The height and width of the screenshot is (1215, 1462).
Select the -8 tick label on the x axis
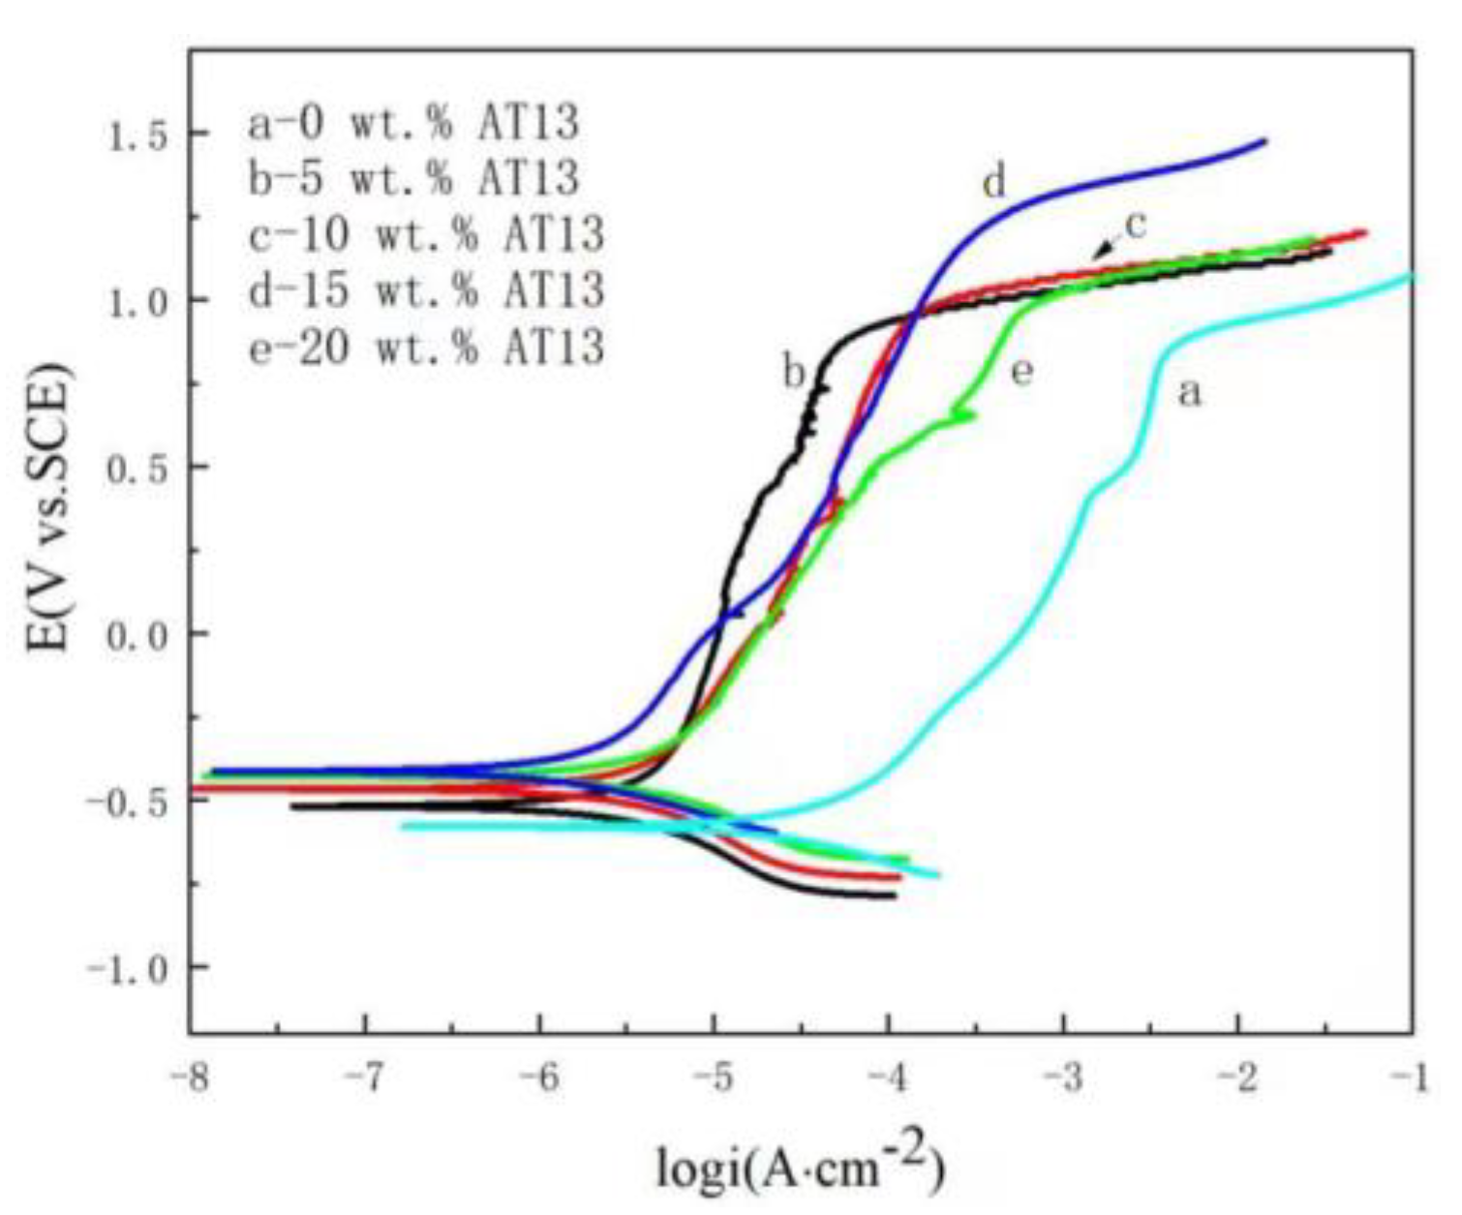coord(195,1078)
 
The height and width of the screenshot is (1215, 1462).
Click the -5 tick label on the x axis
coord(716,1078)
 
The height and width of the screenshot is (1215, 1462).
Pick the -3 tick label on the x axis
coord(1063,1078)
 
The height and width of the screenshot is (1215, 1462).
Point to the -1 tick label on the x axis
coord(1410,1078)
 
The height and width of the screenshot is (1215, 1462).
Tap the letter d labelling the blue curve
coord(994,181)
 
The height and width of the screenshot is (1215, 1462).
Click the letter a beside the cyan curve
coord(1189,393)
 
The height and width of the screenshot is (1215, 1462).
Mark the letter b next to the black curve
coord(794,371)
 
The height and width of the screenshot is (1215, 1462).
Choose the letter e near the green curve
coord(1021,371)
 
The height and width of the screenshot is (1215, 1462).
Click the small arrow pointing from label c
coord(1104,249)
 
